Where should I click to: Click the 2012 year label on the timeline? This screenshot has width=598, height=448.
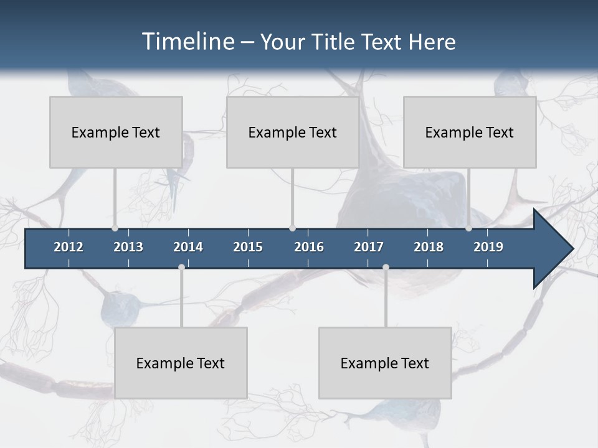pos(69,247)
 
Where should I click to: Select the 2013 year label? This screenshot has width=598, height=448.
pos(128,247)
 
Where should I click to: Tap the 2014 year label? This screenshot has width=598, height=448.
pos(188,247)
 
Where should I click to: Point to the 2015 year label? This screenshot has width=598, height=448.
pos(248,247)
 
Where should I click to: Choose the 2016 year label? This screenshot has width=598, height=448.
pos(309,247)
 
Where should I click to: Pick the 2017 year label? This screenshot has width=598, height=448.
pos(369,247)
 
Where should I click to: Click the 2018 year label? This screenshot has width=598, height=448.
pos(429,247)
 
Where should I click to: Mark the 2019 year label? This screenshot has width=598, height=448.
pos(488,247)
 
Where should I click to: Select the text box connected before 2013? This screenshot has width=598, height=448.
pos(116,132)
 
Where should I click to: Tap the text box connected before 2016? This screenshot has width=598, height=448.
pos(293,132)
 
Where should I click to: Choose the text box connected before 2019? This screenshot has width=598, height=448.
pos(470,132)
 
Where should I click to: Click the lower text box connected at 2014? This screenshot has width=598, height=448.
pos(181,363)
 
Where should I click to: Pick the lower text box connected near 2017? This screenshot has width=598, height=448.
pos(385,363)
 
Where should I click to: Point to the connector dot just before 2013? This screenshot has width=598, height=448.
pos(115,228)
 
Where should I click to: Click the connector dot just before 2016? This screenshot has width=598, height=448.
pos(292,228)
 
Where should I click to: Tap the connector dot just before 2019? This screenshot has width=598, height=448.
pos(468,228)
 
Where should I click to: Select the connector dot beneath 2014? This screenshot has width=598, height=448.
pos(181,267)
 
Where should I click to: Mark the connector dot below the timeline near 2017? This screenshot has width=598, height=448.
pos(386,267)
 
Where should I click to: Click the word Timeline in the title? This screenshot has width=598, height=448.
pos(187,41)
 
